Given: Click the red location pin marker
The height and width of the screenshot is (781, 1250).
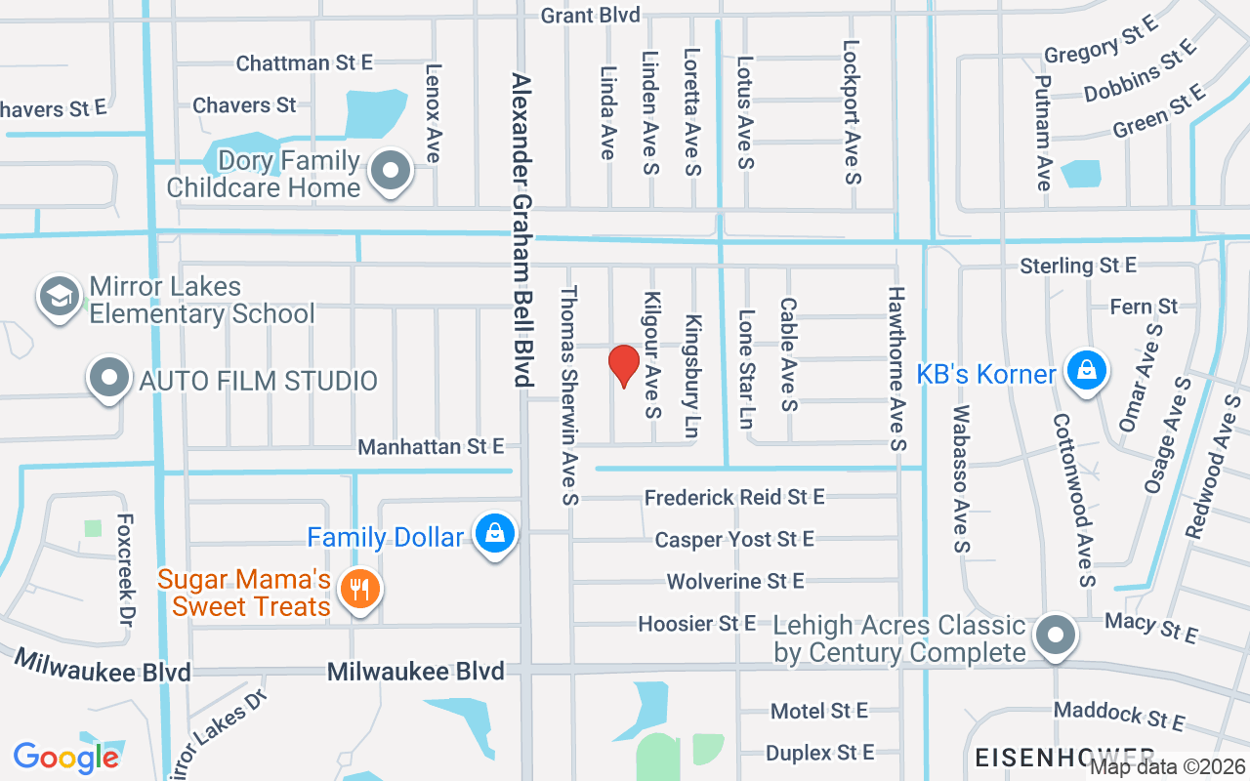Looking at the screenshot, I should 623,366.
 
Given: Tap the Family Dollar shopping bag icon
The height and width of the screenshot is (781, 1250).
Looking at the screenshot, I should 495,534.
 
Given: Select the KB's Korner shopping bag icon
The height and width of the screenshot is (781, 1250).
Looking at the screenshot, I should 1084,371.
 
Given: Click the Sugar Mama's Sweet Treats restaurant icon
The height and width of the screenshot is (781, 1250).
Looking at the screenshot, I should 360,590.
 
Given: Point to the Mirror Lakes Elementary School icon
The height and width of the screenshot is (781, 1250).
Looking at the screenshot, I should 59,298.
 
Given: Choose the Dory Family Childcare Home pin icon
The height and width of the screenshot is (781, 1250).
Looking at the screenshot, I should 392,171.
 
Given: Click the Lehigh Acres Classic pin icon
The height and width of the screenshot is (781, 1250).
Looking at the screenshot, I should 1055,636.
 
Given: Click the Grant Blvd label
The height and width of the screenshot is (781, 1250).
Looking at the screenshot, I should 590,16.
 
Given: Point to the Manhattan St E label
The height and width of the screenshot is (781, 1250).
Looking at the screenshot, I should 431,447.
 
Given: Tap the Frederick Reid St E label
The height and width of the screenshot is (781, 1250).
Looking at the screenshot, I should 734,498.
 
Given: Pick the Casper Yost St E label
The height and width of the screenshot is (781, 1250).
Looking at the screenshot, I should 734,540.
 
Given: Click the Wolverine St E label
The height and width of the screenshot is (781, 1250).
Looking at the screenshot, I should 735,582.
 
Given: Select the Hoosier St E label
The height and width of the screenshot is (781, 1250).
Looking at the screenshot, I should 696,623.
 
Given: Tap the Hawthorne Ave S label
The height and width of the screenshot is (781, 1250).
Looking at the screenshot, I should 897,368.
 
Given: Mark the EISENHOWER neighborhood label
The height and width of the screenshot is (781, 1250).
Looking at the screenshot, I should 1063,756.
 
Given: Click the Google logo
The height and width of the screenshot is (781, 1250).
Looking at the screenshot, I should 66,757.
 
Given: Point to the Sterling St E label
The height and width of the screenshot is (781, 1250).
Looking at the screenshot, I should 1078,266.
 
